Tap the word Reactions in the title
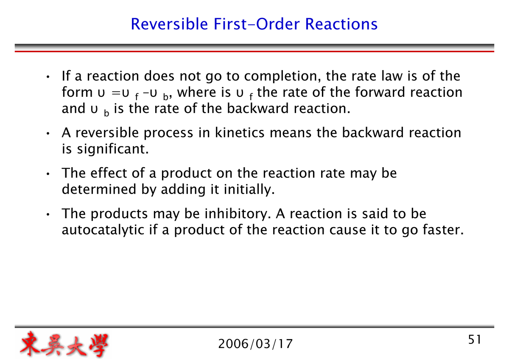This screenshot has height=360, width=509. pos(341,24)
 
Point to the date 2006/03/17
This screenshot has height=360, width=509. pos(255,343)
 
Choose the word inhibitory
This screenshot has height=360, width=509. pos(234,214)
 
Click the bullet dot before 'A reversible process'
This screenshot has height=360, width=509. pos(49,134)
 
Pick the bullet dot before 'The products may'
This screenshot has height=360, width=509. pos(49,215)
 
